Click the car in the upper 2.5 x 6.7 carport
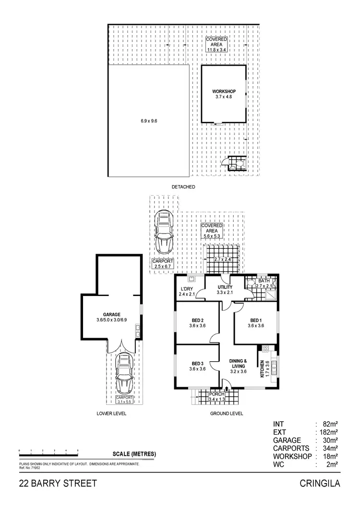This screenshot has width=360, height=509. click(164, 233)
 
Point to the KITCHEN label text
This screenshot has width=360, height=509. click(262, 369)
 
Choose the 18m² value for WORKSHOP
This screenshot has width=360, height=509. click(330, 456)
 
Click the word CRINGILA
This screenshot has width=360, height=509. click(320, 483)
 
